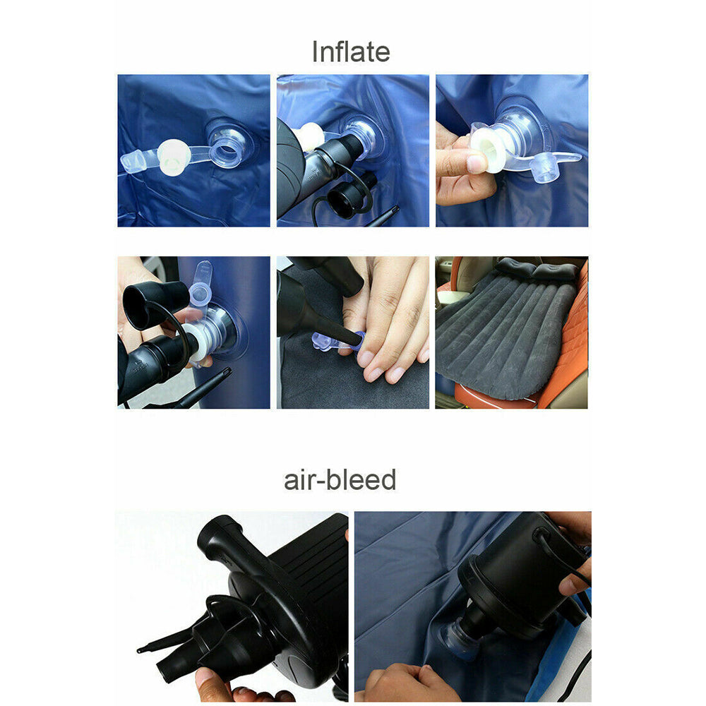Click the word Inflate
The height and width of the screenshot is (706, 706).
tap(351, 52)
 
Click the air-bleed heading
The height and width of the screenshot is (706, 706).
tap(340, 480)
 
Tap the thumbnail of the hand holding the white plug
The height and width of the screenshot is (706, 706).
tap(511, 150)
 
